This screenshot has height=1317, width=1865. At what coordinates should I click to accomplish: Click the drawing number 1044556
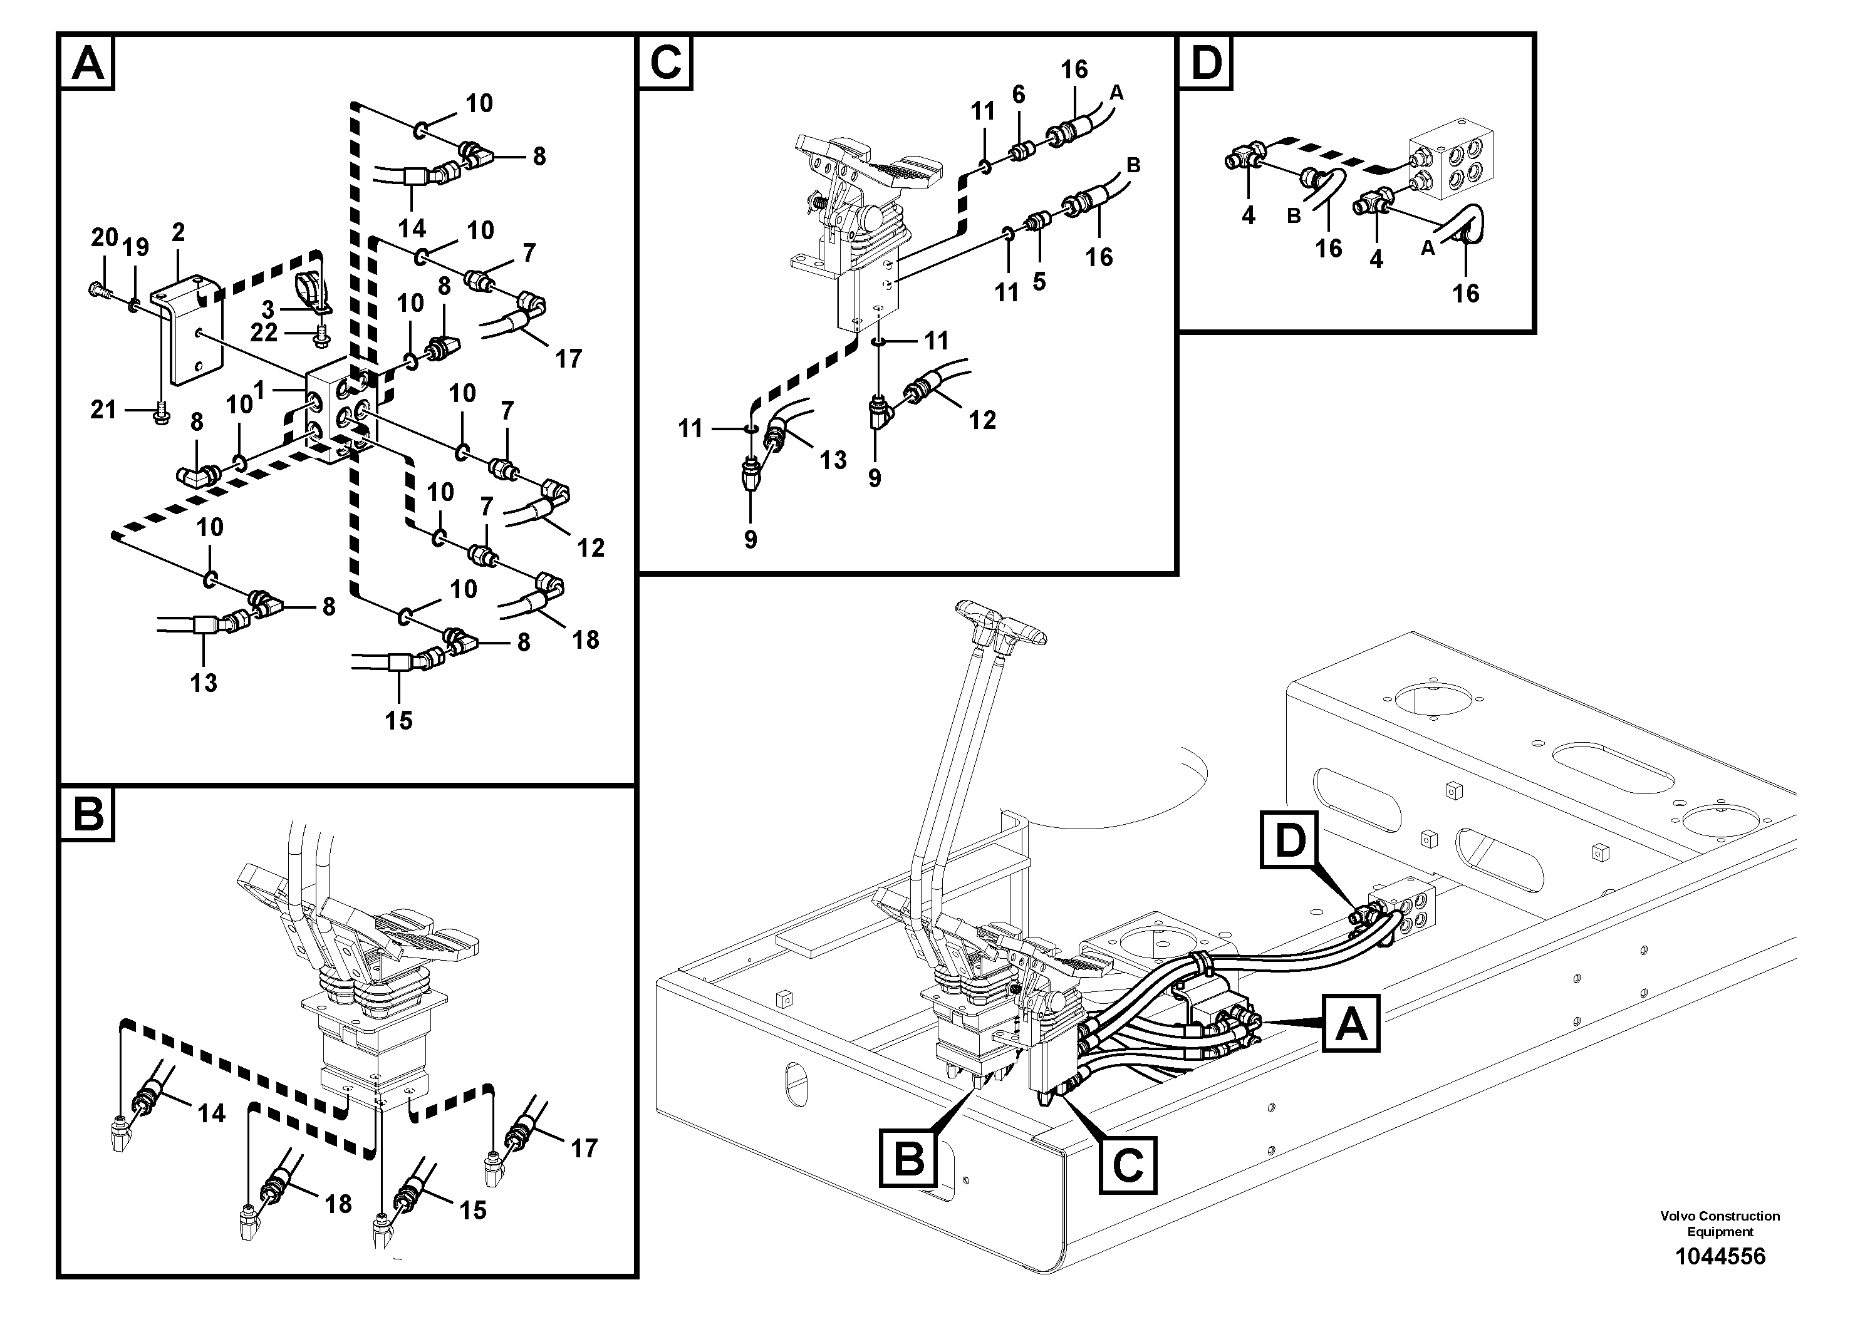(1720, 1256)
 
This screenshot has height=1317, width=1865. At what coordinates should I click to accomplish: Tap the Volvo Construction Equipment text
(1720, 1224)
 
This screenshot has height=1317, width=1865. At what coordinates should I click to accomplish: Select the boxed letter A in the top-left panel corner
(88, 63)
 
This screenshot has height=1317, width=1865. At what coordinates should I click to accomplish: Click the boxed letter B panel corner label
(88, 814)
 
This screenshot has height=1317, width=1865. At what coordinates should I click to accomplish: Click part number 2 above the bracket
(178, 233)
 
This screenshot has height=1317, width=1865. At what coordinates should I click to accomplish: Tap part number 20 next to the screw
(104, 238)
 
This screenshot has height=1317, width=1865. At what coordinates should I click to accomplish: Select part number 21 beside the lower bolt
(103, 410)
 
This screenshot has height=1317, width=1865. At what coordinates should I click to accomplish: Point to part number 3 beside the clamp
(268, 309)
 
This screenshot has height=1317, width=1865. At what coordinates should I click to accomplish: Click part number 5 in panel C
(1039, 282)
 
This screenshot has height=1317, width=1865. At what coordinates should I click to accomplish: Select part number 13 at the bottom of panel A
(203, 683)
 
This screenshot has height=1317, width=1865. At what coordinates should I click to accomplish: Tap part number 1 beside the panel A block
(259, 391)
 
